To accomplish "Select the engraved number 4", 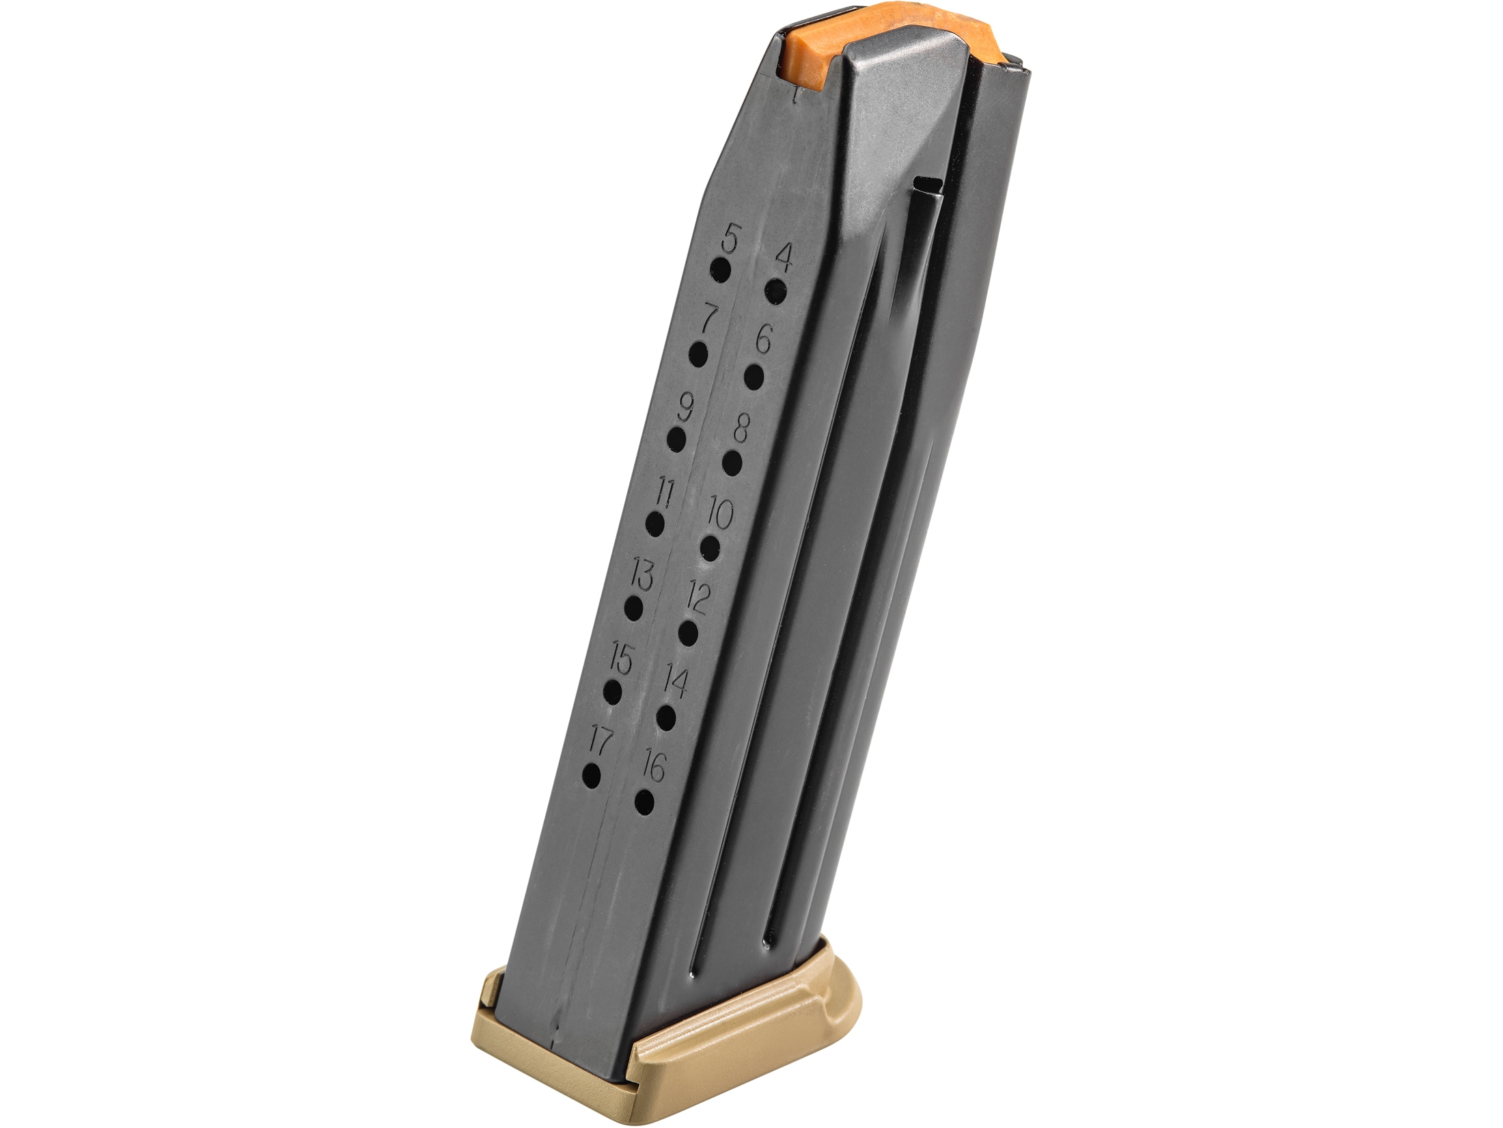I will point(784,259).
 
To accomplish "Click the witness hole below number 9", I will point(676,440).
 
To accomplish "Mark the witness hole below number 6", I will point(754,378).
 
